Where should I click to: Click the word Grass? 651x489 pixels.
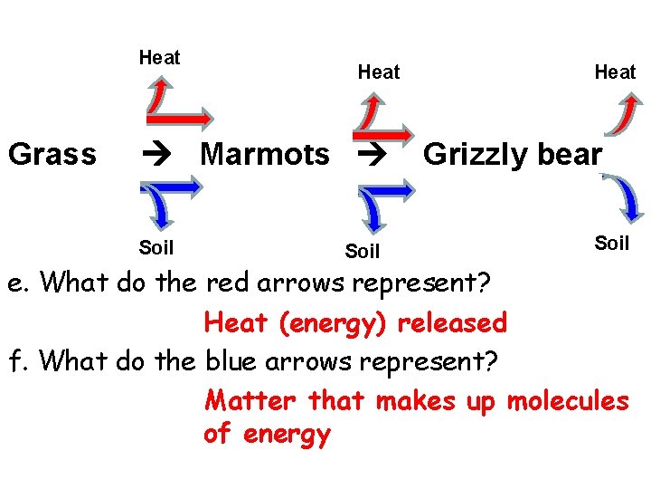[x=52, y=155]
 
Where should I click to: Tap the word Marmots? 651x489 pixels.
[x=264, y=155]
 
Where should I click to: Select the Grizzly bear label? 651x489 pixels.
[x=512, y=155]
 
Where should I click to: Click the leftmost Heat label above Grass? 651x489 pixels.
[x=159, y=58]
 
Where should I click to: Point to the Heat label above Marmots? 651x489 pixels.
[x=378, y=72]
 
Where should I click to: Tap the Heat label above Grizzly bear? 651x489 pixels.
[x=615, y=72]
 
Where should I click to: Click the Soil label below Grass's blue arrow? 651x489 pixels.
[x=156, y=246]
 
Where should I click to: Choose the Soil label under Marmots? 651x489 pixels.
[x=363, y=251]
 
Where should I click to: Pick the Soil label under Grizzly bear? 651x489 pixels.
[x=611, y=243]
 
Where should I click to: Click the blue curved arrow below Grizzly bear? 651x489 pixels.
[x=625, y=197]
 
